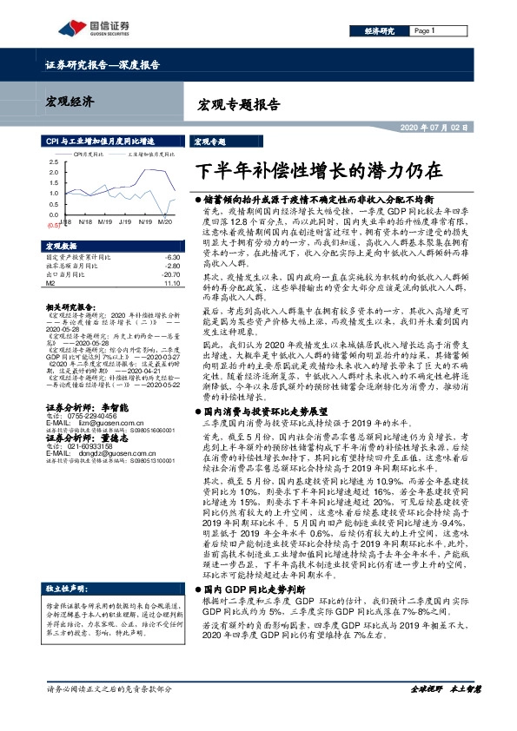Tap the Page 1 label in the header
point(424,30)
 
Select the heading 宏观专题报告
point(240,105)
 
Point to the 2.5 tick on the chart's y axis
point(54,162)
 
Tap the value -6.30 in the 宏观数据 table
point(171,258)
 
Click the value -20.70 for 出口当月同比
point(169,274)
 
